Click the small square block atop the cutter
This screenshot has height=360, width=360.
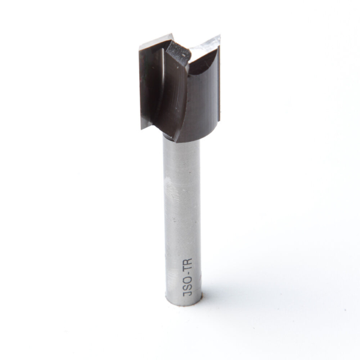[178, 52]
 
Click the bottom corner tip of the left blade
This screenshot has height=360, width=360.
[142, 127]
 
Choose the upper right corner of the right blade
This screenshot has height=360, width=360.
[220, 37]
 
